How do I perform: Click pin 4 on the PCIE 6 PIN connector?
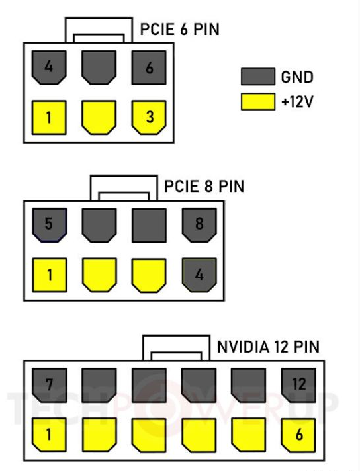49,67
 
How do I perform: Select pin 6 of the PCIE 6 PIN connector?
149,67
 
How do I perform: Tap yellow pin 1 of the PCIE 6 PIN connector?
49,118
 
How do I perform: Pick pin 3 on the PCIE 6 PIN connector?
149,118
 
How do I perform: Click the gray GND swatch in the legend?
258,77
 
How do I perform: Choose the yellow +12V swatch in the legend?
258,102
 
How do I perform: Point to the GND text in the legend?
297,77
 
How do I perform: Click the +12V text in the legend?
297,102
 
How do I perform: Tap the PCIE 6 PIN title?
180,29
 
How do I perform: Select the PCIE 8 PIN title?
204,187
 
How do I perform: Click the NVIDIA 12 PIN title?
268,347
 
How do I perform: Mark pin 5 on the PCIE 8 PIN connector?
49,226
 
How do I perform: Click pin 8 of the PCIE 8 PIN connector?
199,226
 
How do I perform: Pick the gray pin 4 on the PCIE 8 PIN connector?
199,275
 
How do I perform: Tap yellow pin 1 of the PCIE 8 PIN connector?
49,275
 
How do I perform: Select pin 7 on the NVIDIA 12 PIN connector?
49,386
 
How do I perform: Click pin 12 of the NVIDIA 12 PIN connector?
298,386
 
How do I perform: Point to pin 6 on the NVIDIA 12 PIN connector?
298,435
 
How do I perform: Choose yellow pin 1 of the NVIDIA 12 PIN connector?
49,435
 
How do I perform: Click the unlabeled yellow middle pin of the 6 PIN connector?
99,118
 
